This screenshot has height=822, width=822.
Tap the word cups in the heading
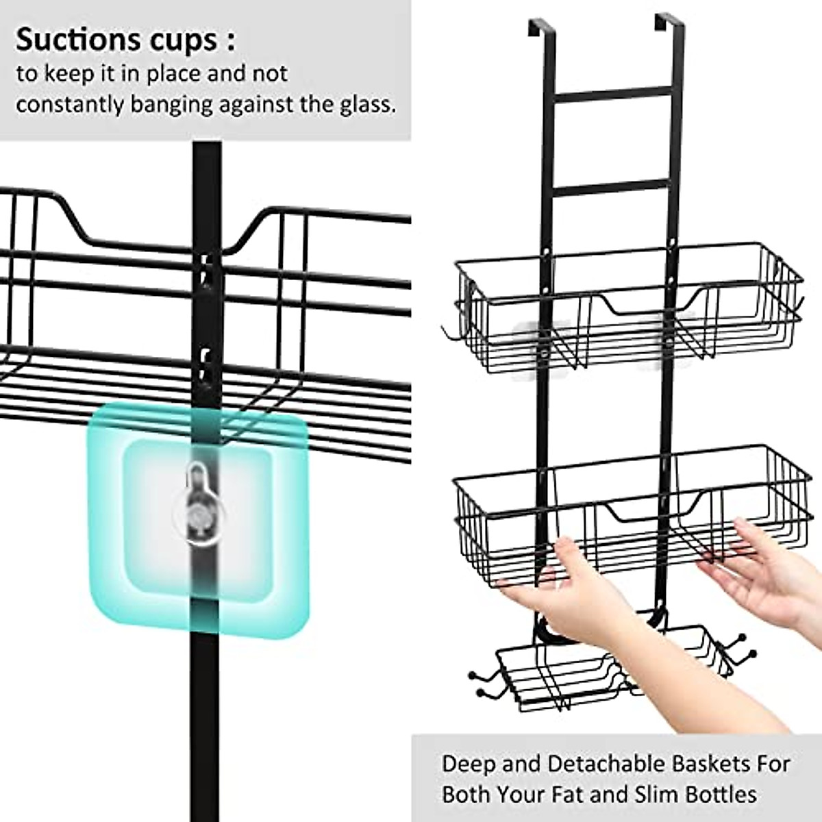pos(183,41)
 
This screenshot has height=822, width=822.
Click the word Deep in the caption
pos(467,764)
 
